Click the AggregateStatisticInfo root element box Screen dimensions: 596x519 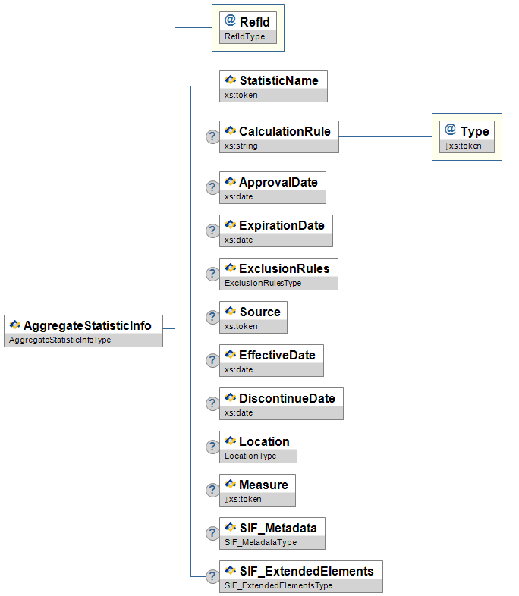(x=83, y=331)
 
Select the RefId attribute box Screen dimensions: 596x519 (x=247, y=29)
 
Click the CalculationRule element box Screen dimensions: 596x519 (x=278, y=137)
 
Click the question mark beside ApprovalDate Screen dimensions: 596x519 (x=212, y=188)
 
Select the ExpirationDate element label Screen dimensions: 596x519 (x=281, y=225)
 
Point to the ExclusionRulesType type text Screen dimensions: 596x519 (x=263, y=283)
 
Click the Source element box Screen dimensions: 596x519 (x=253, y=318)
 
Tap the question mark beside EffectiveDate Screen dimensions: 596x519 (x=212, y=361)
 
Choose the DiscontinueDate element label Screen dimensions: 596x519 (x=286, y=398)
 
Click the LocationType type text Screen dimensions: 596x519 (x=250, y=456)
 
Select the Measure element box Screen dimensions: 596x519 (x=256, y=491)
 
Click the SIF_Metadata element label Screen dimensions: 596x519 (x=278, y=528)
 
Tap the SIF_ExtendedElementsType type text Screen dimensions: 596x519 (x=278, y=585)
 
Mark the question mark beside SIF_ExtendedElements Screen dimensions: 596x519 (x=212, y=577)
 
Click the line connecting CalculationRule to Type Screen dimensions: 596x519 (x=385, y=137)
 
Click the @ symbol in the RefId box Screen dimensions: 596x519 (x=231, y=21)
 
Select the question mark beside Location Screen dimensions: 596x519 (x=212, y=447)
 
